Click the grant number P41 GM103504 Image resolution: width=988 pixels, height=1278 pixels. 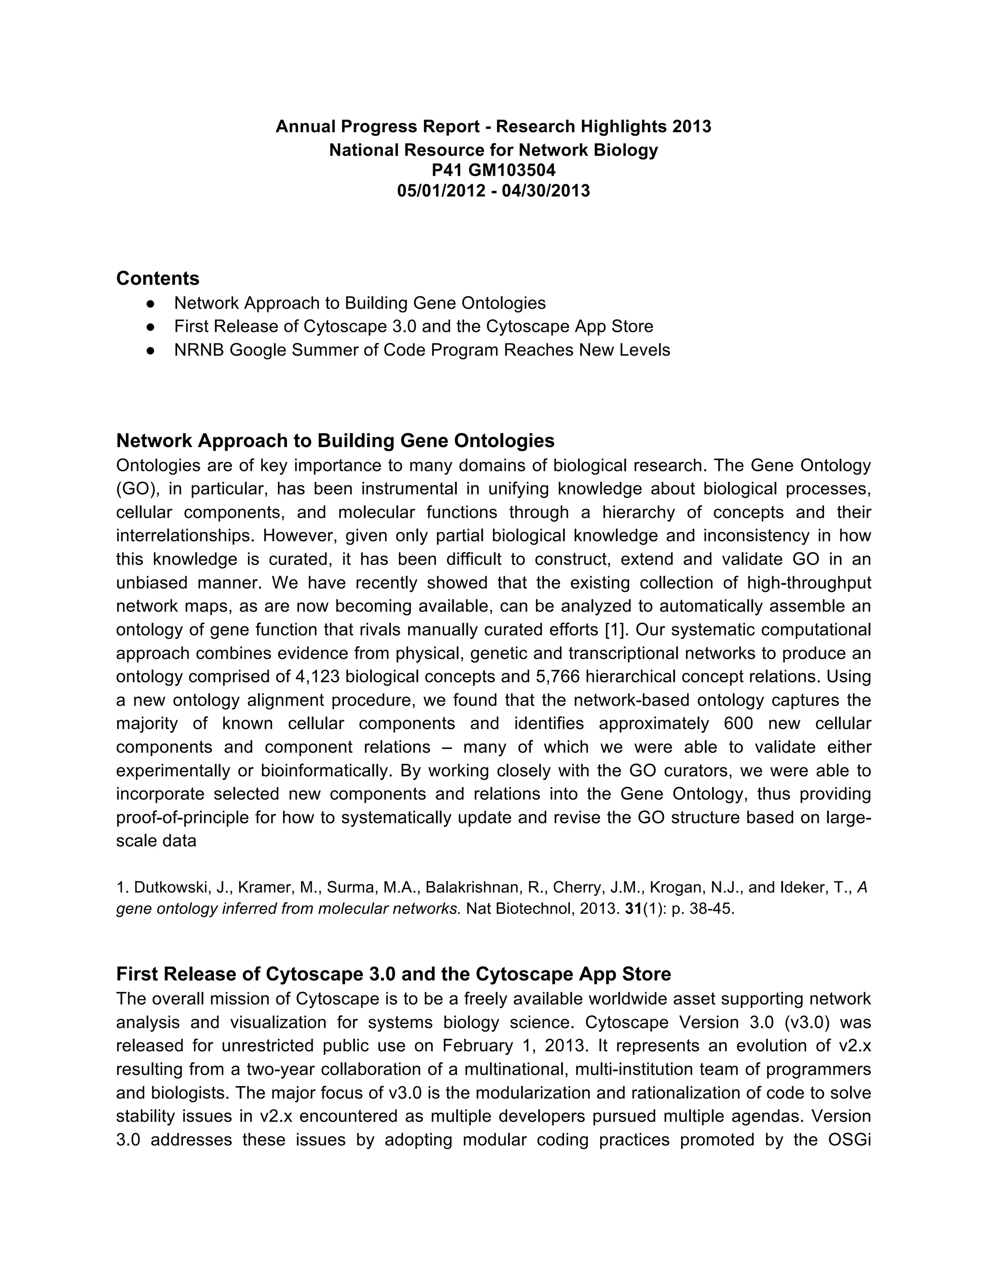[x=494, y=170]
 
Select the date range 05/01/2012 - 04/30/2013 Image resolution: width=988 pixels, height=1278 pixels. [x=494, y=191]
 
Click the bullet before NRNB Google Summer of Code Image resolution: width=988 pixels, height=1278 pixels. [x=151, y=351]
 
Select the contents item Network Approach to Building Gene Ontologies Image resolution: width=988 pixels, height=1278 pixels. [x=359, y=303]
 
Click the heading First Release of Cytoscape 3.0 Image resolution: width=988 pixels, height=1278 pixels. [x=393, y=974]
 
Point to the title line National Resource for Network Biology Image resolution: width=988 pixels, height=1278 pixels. [x=494, y=150]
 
